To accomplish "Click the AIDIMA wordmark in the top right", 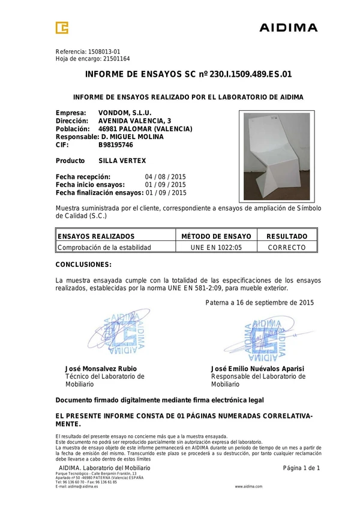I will tap(288, 28).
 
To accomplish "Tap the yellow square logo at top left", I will tap(62, 28).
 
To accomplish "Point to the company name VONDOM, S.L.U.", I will tap(125, 112).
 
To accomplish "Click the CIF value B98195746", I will tap(116, 145).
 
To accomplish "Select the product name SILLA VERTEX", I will tap(122, 161).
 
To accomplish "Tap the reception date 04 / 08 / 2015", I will tap(166, 177).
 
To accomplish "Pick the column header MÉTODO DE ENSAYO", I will tap(216, 237).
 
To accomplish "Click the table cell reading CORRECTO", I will tap(287, 247).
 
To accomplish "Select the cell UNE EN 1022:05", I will tap(216, 247).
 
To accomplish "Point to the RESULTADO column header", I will tap(287, 237).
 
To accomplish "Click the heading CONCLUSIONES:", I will tap(83, 264).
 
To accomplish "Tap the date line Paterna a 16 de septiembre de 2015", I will tap(259, 303).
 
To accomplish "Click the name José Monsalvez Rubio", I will tap(101, 368).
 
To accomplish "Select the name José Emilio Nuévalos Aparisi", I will tap(258, 368).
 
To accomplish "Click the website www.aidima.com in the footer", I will tap(248, 486).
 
